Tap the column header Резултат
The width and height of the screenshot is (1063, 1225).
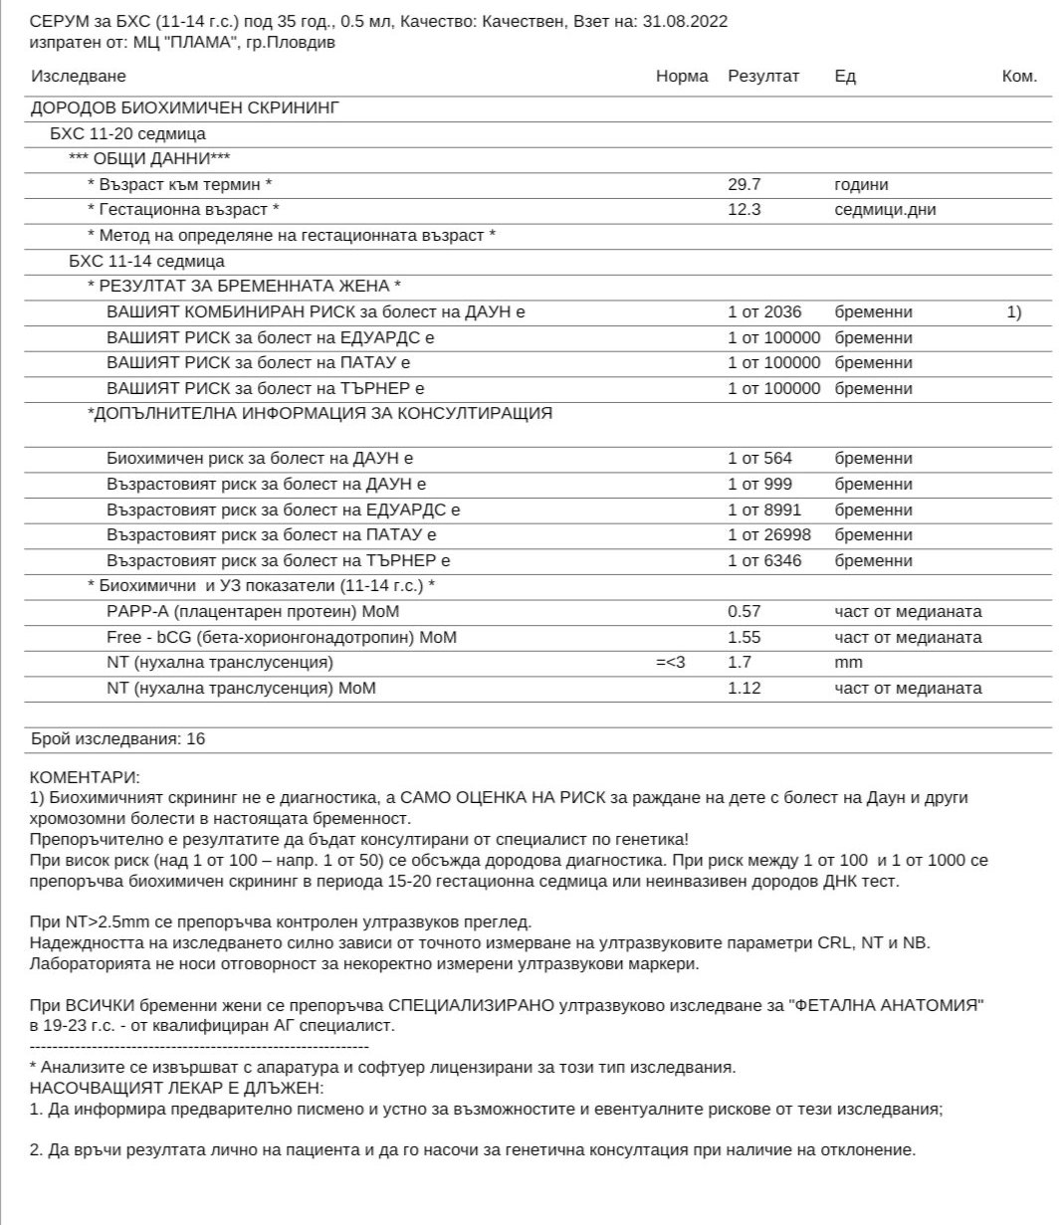pos(763,77)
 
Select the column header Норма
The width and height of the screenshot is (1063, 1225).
pos(682,77)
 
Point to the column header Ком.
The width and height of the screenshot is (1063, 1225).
pos(1019,77)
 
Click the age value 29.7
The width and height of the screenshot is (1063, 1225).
pos(744,185)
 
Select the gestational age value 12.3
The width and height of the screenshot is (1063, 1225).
pos(744,210)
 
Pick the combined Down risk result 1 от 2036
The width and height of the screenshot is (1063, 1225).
pos(764,312)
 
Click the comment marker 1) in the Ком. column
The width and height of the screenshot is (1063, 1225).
pos(1013,312)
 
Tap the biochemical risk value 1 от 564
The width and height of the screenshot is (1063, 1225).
pos(760,459)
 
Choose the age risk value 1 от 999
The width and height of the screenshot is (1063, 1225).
pos(760,485)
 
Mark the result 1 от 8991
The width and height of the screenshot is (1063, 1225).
pos(764,510)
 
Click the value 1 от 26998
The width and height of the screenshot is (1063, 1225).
pos(769,535)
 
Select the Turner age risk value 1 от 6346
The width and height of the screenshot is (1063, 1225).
pos(764,561)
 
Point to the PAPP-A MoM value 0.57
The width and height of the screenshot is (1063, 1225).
pos(744,612)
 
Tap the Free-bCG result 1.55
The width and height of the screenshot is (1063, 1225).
pos(744,638)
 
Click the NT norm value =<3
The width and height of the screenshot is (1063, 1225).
pos(671,663)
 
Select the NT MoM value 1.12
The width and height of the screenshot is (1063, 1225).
pos(744,689)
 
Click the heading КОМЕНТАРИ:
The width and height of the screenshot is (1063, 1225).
pos(86,776)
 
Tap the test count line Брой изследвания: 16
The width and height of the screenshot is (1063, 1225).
pos(118,739)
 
